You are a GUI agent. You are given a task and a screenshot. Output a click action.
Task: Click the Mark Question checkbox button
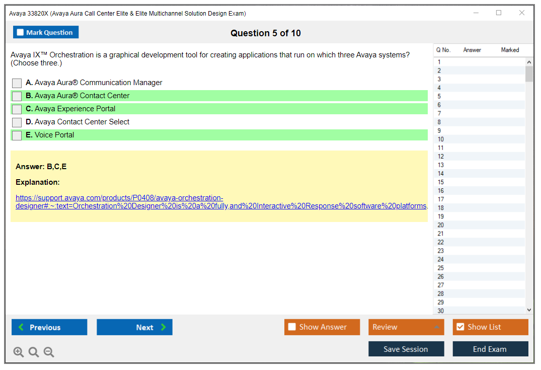[46, 32]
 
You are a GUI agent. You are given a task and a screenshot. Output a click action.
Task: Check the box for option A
[17, 83]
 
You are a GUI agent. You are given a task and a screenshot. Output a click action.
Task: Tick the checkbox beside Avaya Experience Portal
[17, 109]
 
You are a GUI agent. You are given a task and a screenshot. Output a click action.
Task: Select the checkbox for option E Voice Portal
[17, 135]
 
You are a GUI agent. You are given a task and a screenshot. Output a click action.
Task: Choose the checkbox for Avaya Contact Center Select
[17, 122]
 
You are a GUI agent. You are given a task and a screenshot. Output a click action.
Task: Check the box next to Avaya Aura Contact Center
[17, 96]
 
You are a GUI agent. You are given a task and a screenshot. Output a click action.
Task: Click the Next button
[134, 327]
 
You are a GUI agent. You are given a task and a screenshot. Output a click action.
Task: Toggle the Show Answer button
[322, 327]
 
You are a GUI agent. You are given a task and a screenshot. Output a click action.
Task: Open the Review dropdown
[406, 327]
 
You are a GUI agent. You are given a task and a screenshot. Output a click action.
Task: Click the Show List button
[490, 327]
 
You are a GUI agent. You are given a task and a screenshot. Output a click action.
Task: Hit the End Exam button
[490, 349]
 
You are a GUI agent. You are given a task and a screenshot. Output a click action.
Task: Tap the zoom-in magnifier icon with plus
[19, 352]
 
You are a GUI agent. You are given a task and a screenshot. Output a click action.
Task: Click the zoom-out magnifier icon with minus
[49, 352]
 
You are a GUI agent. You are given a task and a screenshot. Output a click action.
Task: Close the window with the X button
[522, 13]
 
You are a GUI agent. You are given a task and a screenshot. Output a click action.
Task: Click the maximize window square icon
[499, 13]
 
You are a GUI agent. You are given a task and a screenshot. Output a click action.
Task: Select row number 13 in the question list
[441, 165]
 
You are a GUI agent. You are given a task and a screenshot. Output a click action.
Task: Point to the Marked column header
[510, 50]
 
